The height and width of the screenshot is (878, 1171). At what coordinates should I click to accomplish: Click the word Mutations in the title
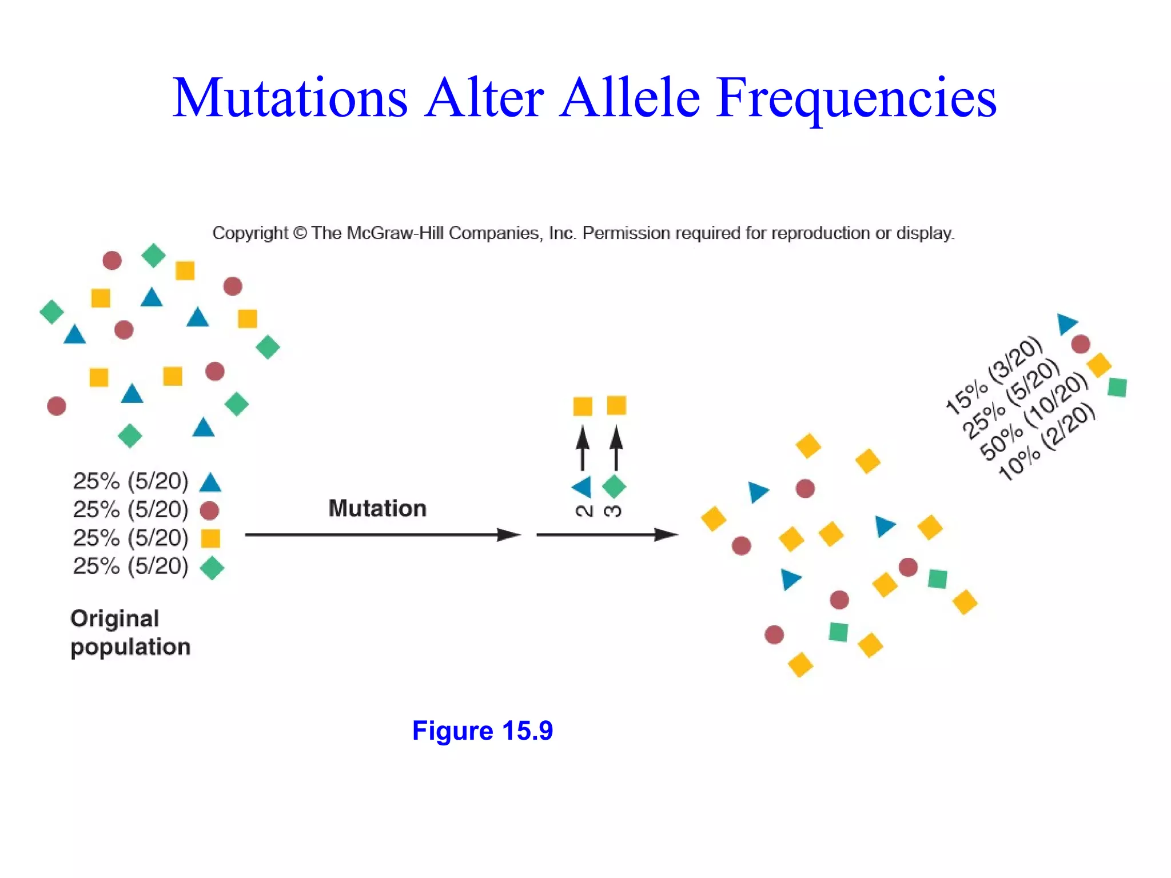tap(290, 98)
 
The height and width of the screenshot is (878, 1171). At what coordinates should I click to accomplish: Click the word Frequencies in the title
tap(856, 98)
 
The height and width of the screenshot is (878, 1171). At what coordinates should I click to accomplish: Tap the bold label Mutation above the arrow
tap(377, 508)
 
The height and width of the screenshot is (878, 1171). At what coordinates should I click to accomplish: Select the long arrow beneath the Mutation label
tap(382, 535)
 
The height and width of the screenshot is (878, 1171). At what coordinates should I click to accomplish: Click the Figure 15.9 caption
tap(483, 731)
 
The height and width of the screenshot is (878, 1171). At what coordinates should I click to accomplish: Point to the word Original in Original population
tap(114, 618)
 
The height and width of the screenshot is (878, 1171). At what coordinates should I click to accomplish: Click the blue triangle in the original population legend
tap(210, 483)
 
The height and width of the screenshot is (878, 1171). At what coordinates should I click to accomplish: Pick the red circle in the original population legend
tap(209, 510)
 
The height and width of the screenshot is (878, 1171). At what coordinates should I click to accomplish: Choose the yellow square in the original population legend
tap(210, 538)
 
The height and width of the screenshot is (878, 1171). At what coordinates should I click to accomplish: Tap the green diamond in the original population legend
tap(212, 568)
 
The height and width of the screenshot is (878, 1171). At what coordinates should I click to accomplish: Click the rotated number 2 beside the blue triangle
tap(584, 510)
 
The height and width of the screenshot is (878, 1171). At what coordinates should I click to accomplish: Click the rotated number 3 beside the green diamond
tap(614, 510)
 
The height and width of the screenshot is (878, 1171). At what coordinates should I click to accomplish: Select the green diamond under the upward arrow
tap(614, 487)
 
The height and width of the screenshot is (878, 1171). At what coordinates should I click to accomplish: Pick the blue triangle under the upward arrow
tap(583, 487)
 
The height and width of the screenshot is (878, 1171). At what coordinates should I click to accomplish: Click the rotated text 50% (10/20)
tap(1034, 416)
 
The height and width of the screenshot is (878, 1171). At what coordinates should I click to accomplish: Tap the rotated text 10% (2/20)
tap(1046, 441)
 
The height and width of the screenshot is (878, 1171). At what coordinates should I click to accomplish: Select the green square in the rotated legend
tap(1117, 387)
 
